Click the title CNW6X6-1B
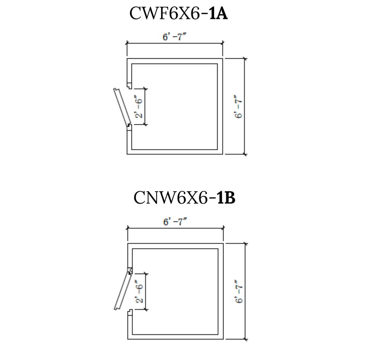185,198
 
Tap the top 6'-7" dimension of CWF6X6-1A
174,37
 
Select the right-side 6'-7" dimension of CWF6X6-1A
239,107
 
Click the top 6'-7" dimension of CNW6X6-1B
175,222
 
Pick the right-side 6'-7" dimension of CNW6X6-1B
239,292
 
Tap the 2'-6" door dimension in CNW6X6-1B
139,292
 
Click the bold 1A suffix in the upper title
219,14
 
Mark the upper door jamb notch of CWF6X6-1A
130,86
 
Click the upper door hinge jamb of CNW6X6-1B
130,270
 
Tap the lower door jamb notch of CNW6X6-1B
130,313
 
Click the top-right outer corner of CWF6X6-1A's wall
223,59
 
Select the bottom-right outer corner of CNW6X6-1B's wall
224,339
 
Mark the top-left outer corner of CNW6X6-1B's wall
128,244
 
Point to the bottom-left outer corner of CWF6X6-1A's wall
127,154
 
